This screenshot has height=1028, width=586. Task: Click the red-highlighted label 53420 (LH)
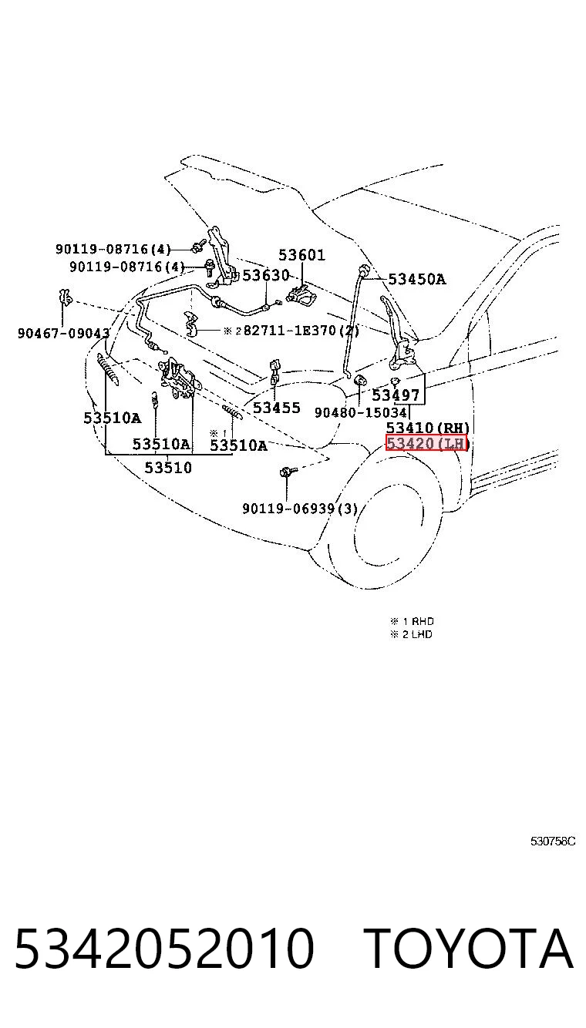426,443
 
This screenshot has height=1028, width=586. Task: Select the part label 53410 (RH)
428,428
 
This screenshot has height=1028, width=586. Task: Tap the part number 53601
301,255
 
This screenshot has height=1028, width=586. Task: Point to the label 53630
266,275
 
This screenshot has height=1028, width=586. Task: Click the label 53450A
417,279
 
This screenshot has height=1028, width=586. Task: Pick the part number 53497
396,395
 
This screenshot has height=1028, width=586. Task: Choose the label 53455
277,408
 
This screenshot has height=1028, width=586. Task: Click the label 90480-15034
361,412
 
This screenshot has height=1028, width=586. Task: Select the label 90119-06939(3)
300,509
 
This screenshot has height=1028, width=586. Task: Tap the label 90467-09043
64,333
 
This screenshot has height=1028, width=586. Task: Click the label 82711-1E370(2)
301,330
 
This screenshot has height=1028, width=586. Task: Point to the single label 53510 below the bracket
168,468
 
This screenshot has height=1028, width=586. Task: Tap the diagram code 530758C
553,842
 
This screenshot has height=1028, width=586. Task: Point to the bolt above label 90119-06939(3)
288,471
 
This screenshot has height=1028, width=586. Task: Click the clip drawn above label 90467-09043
64,298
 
